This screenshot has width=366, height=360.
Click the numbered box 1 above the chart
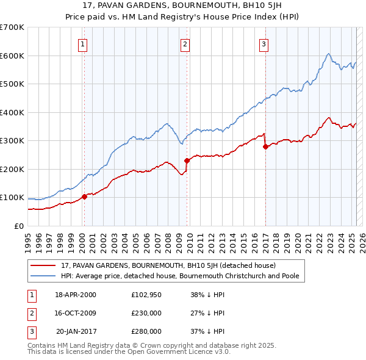coord(82,43)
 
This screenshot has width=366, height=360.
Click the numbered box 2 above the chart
coord(185,43)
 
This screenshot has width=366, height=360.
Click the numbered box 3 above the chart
coord(264,43)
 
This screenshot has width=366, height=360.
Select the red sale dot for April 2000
coord(84,196)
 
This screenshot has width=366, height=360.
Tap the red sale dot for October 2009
coord(187,160)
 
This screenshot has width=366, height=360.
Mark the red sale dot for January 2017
coord(265,146)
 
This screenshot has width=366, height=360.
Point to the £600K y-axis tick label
coord(12,56)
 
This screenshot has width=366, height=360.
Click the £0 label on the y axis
coord(19,226)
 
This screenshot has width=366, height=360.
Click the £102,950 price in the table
coord(146,295)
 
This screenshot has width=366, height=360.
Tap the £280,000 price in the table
coord(146,331)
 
